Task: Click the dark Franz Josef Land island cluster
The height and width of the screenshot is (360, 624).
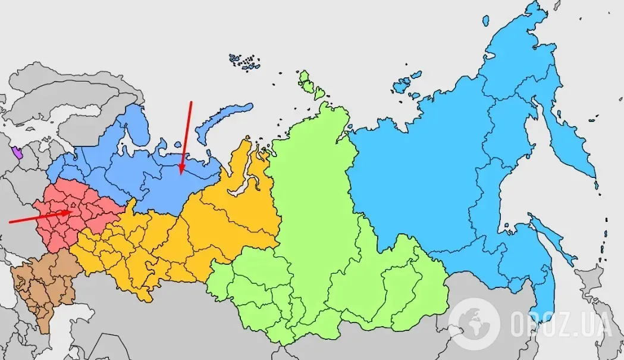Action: coord(245,62)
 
